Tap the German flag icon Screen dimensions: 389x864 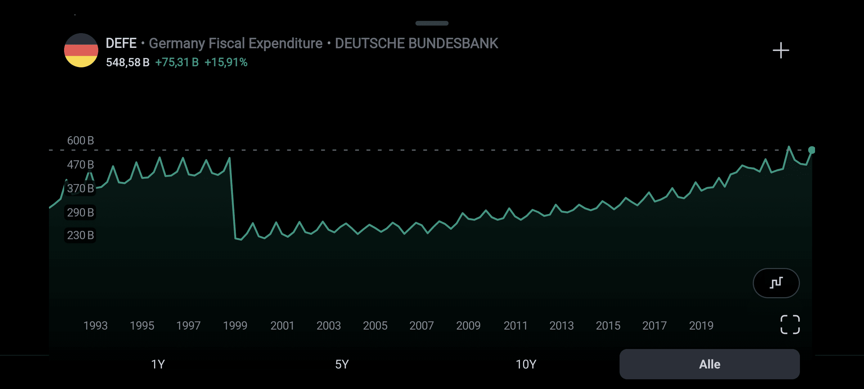coord(81,50)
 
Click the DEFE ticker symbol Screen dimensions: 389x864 coord(121,43)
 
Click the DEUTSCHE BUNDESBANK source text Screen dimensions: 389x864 coord(417,43)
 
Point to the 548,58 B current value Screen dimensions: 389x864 coord(127,62)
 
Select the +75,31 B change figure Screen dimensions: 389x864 coord(177,62)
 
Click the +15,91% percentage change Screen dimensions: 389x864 coord(226,62)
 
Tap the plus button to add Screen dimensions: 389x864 coord(781,50)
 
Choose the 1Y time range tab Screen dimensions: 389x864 coord(158,364)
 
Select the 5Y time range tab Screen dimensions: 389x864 coord(342,364)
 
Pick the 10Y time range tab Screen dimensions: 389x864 coord(526,364)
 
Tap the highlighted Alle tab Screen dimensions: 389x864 coord(710,364)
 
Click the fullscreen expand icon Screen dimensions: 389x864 coord(790,325)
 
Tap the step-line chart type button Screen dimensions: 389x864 coord(776,283)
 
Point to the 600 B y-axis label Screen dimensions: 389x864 coord(80,140)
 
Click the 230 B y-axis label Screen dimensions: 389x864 coord(80,235)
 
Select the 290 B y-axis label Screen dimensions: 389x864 coord(80,213)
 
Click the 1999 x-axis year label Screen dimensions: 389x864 coord(235,326)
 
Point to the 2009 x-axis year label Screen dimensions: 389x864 coord(468,326)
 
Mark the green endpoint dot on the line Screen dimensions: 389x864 coord(812,150)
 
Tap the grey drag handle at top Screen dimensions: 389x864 coord(432,23)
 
